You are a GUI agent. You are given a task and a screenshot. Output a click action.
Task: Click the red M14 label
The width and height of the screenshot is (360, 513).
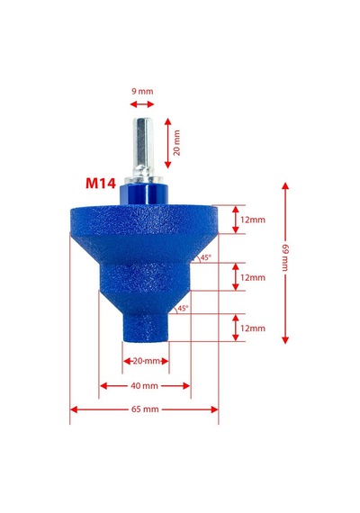tap(101, 184)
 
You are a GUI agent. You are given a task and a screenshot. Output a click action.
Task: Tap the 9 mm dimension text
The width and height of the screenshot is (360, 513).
tap(142, 91)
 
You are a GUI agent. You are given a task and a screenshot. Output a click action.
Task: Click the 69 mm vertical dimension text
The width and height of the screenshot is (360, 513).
tap(285, 257)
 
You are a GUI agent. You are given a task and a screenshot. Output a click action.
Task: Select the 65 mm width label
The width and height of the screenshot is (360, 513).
tap(145, 409)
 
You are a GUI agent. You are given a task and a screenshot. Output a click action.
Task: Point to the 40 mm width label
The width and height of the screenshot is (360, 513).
tap(144, 386)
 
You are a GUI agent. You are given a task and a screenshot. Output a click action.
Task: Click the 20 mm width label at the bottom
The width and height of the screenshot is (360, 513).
tap(146, 361)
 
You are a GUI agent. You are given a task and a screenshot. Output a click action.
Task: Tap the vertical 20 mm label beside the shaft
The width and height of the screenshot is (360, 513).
tap(176, 142)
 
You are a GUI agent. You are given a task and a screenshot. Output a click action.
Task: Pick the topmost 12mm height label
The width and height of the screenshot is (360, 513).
tap(253, 220)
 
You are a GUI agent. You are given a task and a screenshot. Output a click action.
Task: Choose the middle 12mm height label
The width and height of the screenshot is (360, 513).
tap(253, 277)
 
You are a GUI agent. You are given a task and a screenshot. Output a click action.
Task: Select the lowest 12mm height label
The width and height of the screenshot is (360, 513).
tap(253, 328)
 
